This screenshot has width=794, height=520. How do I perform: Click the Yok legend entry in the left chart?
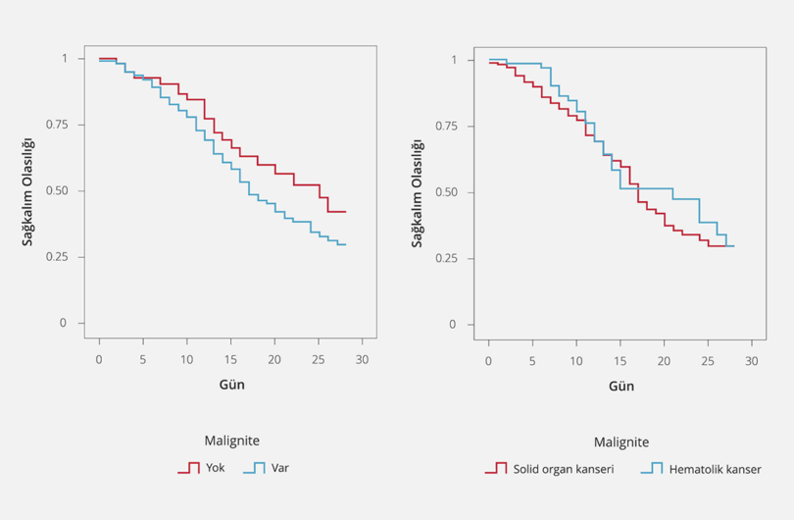tap(215, 468)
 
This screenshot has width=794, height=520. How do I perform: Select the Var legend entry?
tap(278, 468)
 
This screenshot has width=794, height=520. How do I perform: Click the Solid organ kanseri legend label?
tap(563, 469)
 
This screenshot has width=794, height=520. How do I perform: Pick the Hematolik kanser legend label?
tap(716, 469)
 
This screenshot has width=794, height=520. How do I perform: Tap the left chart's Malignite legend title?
tap(231, 441)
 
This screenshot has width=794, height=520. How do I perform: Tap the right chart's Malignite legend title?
tap(621, 442)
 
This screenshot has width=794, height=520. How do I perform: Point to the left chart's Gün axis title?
tap(231, 384)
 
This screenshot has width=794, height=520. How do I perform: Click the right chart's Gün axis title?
tap(621, 386)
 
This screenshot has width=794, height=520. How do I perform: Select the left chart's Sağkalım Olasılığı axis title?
tap(29, 189)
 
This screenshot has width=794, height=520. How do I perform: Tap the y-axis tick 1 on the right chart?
tap(454, 61)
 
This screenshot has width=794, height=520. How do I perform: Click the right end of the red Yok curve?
tap(346, 211)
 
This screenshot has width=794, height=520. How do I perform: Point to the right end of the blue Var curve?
tap(346, 244)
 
